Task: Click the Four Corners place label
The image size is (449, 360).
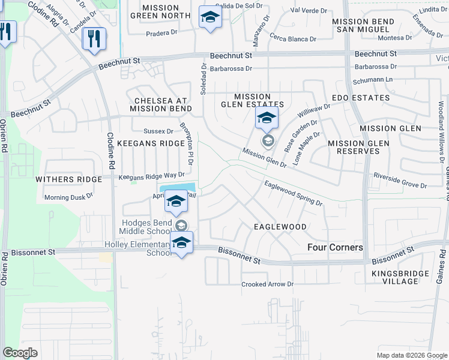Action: (335, 247)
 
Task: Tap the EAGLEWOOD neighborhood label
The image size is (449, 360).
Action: (280, 227)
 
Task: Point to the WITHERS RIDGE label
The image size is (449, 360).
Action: (62, 179)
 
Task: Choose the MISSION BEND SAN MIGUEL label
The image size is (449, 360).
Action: (363, 25)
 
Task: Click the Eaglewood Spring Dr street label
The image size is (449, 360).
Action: (293, 194)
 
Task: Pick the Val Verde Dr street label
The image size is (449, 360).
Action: (308, 10)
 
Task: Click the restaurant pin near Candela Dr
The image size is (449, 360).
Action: (94, 39)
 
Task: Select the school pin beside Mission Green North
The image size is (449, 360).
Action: (209, 19)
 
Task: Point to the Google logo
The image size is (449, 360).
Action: (19, 353)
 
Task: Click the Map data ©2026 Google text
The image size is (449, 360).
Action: (412, 355)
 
